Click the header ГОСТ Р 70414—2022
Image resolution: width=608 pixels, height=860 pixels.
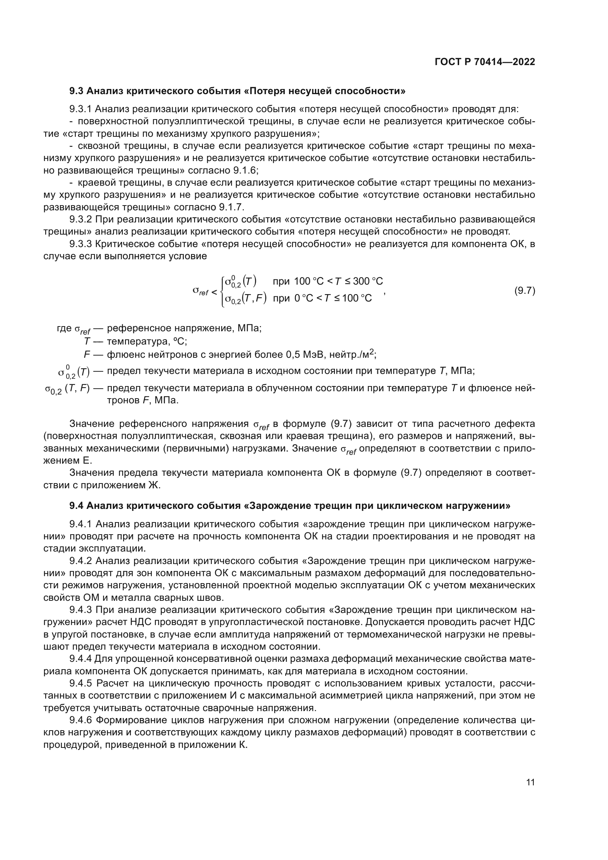485,62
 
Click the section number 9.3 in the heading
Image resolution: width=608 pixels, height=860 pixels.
77,91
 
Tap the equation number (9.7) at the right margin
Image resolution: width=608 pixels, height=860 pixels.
525,290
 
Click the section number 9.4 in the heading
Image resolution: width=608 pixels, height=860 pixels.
77,506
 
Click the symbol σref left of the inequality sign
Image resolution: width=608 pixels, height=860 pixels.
200,291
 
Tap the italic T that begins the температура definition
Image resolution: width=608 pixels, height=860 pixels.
87,342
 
